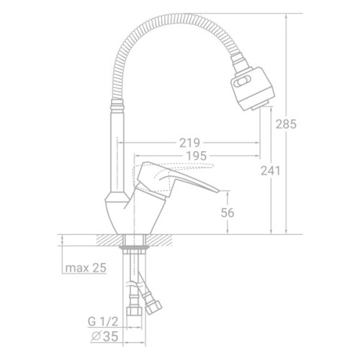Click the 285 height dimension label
pos(286,125)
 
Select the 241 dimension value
pos(271,171)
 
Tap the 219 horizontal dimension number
pos(189,143)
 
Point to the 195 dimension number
pos(197,156)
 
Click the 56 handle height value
pos(228,213)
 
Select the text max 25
pos(86,268)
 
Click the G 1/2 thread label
pos(103,322)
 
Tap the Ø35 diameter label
pos(105,336)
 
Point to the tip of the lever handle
pos(219,191)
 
